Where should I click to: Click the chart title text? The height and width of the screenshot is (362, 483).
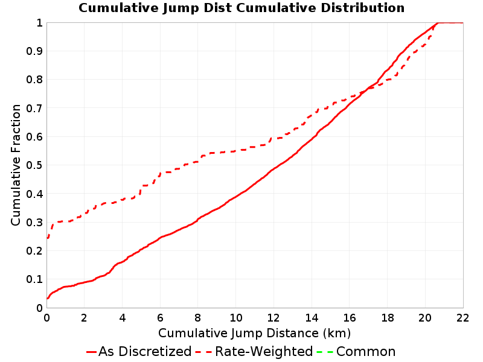241,8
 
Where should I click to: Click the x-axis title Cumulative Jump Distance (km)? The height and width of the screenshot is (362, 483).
254,333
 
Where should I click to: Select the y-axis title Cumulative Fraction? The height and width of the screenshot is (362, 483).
16,165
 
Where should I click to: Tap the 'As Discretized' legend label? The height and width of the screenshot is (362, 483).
145,352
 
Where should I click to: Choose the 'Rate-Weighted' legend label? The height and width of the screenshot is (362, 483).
264,352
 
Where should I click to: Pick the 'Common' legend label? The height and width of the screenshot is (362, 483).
366,352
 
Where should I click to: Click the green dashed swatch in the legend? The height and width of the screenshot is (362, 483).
325,352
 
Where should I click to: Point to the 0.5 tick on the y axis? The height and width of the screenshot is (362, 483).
34,165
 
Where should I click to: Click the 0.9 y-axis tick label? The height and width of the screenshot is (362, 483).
34,51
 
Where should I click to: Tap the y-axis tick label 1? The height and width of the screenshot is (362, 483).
39,23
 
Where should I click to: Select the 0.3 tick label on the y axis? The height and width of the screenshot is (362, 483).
34,222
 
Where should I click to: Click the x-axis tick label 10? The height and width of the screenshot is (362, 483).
235,318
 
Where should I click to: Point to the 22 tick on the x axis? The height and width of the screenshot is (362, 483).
462,318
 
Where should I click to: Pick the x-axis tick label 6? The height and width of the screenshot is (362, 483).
160,318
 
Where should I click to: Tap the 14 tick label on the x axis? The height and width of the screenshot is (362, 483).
312,318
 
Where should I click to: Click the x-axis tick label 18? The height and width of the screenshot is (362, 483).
387,318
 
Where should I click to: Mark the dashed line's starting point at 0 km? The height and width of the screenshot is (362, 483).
47,238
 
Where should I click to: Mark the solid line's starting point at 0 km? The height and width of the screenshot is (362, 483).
47,298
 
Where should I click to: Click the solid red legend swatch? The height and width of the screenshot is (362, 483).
92,352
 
